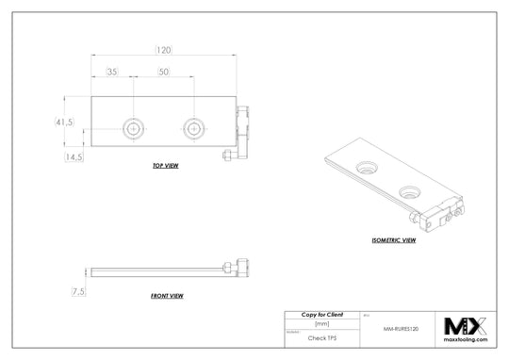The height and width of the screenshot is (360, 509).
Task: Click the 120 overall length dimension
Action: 164,49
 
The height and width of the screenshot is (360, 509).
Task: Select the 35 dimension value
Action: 112,72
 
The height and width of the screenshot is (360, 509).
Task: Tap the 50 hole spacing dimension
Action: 164,72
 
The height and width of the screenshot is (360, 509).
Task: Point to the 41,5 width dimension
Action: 65,123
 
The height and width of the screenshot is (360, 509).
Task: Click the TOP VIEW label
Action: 166,166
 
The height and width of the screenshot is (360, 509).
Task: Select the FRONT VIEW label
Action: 167,296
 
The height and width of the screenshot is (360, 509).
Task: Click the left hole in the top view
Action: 134,126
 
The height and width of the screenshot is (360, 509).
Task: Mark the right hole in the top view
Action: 194,126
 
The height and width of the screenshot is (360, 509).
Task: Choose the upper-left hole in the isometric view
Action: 366,167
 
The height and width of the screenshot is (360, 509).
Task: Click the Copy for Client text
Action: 321,314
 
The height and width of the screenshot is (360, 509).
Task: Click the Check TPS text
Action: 321,336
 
